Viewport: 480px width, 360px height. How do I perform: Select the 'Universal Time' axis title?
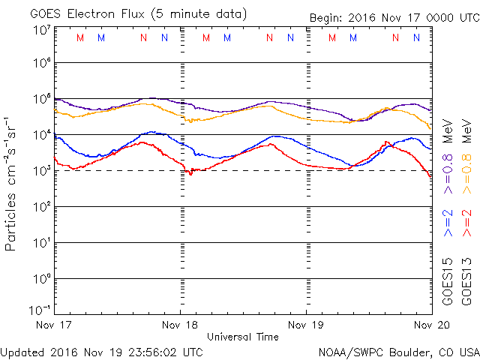243,337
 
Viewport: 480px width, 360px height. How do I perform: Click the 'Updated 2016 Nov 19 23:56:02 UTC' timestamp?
101,350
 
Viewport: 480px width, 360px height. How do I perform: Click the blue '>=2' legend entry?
448,223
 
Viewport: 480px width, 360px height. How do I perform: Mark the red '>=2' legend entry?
466,223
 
